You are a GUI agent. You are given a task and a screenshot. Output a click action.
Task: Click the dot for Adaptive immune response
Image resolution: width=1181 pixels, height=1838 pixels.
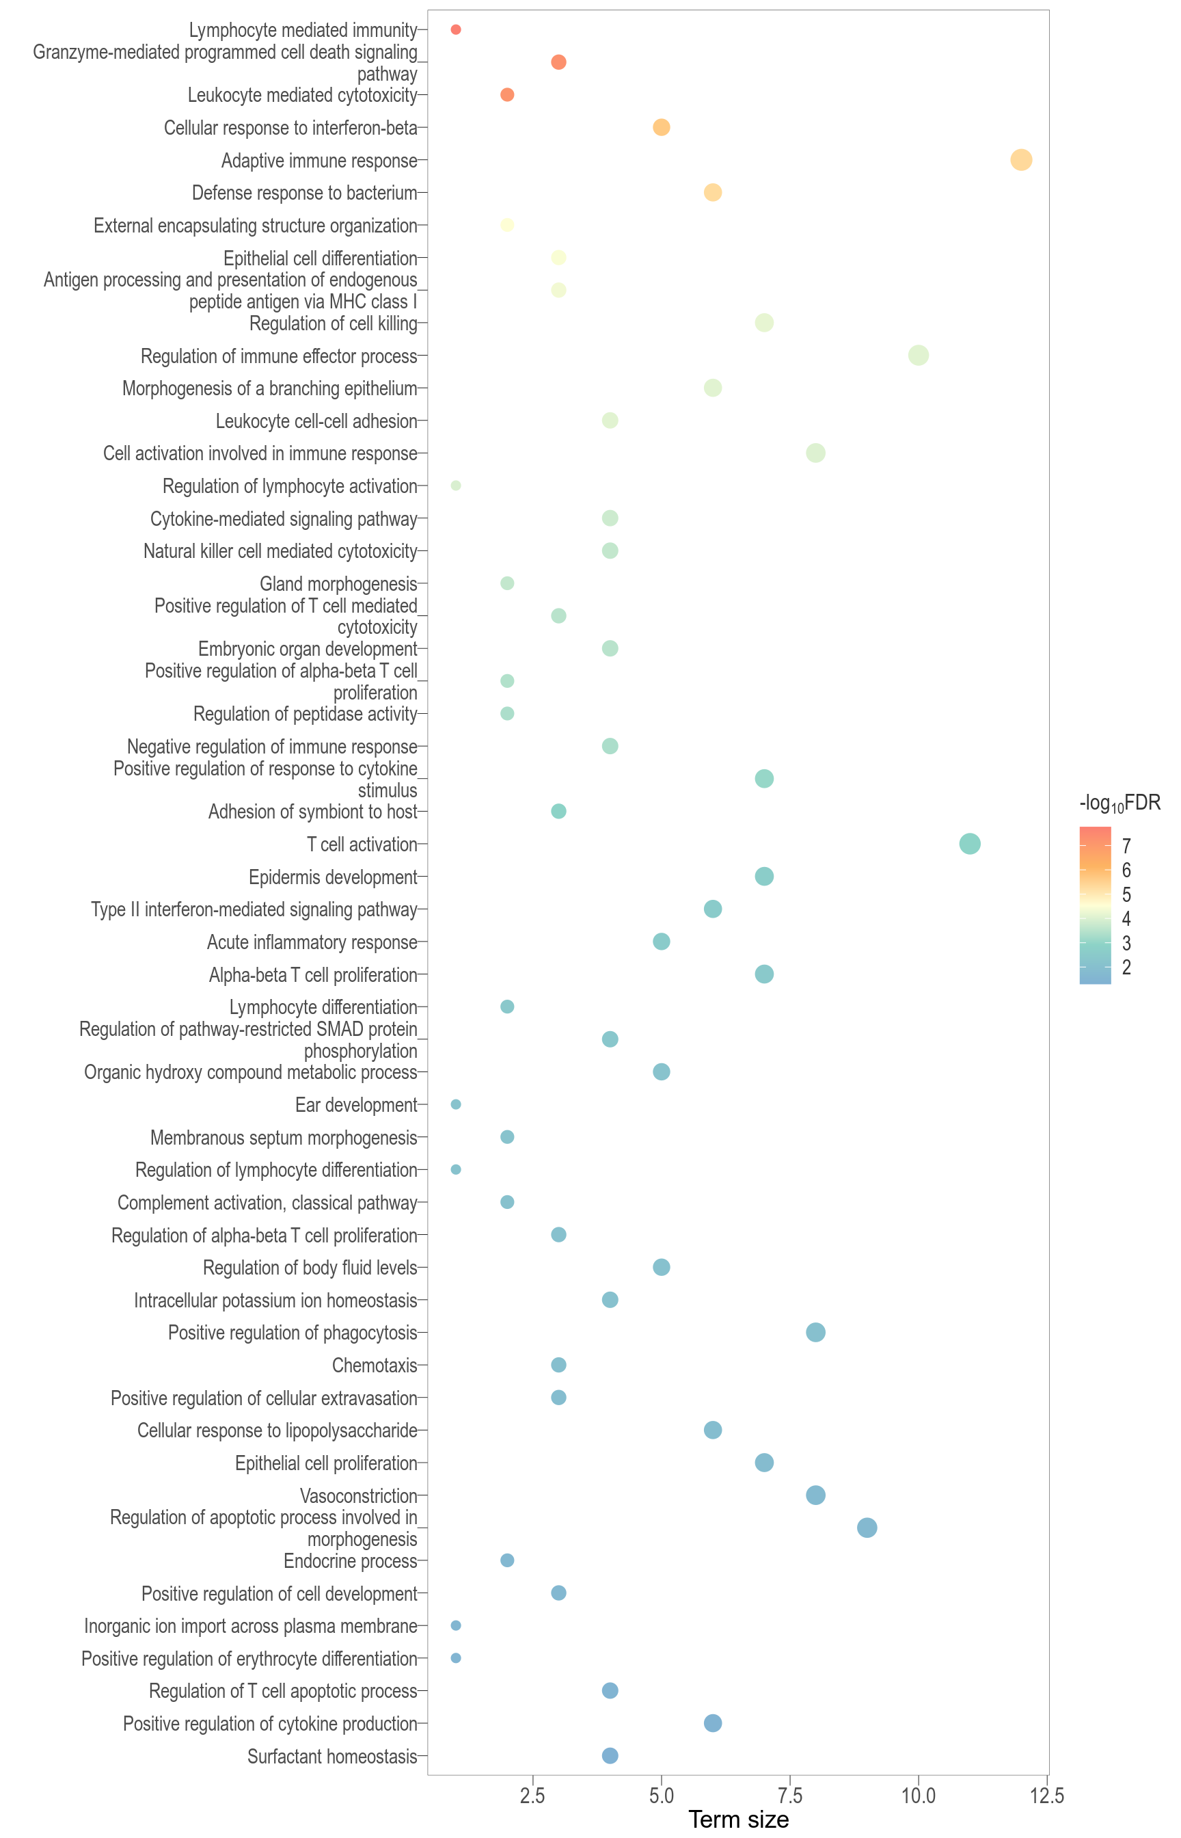pos(1020,160)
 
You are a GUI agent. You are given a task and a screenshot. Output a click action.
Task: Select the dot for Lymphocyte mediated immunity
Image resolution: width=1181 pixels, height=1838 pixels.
pos(456,30)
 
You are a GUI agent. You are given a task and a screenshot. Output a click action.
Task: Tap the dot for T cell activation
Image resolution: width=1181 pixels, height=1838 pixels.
pos(969,844)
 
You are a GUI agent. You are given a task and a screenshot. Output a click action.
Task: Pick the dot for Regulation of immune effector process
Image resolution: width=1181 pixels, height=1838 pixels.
pos(918,355)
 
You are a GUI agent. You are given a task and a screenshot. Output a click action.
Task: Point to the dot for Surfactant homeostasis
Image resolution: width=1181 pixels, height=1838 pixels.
pos(610,1755)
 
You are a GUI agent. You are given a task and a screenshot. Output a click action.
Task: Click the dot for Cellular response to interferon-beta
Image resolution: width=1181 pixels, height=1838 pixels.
pos(661,127)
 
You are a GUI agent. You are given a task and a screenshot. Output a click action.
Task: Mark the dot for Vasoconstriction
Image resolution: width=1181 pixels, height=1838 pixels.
pos(815,1495)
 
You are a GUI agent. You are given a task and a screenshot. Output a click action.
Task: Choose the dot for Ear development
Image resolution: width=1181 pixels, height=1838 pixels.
pos(456,1104)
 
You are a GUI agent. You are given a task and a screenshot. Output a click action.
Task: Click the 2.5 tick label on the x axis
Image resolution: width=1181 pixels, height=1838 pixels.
pos(532,1796)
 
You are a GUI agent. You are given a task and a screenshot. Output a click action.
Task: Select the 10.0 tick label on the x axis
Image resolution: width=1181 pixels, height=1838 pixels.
pos(918,1796)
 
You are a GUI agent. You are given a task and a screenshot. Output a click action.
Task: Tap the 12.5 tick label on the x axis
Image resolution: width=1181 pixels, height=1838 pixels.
pos(1047,1796)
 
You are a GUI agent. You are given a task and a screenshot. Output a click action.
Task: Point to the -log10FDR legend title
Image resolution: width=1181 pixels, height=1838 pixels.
pos(1119,803)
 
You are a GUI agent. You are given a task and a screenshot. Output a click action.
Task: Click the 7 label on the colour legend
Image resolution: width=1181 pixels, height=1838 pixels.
pos(1126,846)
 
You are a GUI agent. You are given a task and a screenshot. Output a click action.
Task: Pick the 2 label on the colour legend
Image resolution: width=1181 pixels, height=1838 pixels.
pos(1126,968)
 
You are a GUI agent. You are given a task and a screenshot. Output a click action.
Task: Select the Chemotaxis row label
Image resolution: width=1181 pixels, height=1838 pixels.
pos(375,1366)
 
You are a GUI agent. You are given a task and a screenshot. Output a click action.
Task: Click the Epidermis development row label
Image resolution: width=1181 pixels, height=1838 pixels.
pos(333,877)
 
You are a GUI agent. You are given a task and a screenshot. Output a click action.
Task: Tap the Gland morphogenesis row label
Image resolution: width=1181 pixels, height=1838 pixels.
pos(338,584)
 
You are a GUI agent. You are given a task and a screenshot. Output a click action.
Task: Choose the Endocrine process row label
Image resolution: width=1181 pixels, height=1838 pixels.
pos(351,1561)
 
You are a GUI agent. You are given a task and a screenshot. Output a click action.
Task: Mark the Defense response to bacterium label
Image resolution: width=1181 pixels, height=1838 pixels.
pos(304,193)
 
